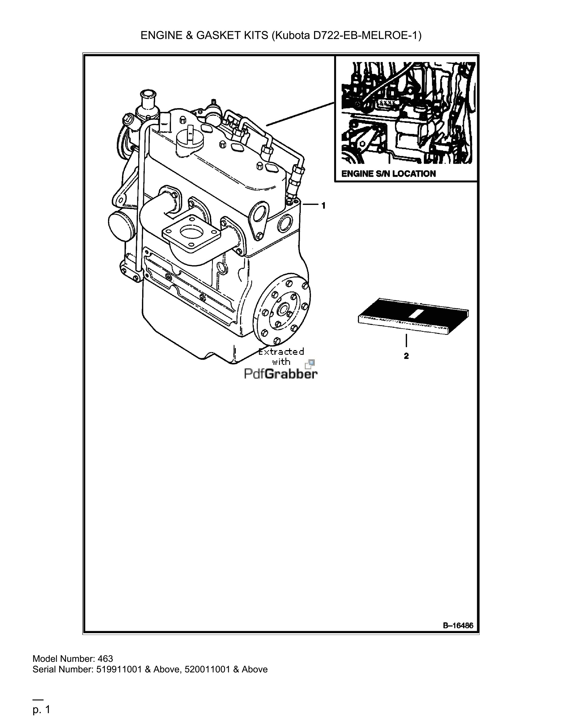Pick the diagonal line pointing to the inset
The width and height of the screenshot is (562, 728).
tap(301, 114)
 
